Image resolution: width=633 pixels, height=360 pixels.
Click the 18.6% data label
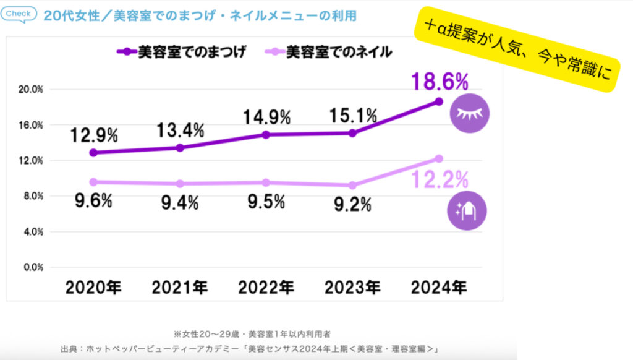[x=439, y=82]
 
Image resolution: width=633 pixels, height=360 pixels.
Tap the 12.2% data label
[x=440, y=181]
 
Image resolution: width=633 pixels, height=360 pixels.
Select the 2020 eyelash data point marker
[x=92, y=153]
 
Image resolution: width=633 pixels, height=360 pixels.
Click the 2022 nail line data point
[x=266, y=182]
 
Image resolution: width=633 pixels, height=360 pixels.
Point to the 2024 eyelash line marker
[x=439, y=101]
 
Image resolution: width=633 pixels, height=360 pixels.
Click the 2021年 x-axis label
[x=179, y=288]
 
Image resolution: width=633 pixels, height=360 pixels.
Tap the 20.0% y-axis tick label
[x=30, y=90]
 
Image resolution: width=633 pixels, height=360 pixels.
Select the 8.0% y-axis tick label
[x=30, y=196]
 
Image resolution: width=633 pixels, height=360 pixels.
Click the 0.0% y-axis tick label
[x=30, y=267]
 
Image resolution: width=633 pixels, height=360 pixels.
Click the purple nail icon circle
[x=467, y=211]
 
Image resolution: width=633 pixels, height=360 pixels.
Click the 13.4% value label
[x=179, y=131]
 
